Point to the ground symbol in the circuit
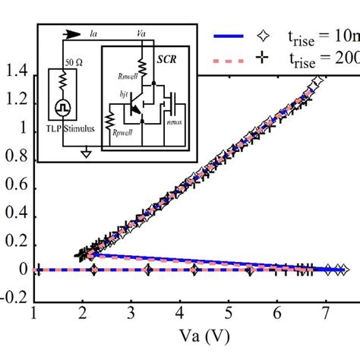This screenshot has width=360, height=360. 87,153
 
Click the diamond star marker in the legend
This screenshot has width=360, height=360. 264,34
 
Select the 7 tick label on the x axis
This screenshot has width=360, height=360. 326,313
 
